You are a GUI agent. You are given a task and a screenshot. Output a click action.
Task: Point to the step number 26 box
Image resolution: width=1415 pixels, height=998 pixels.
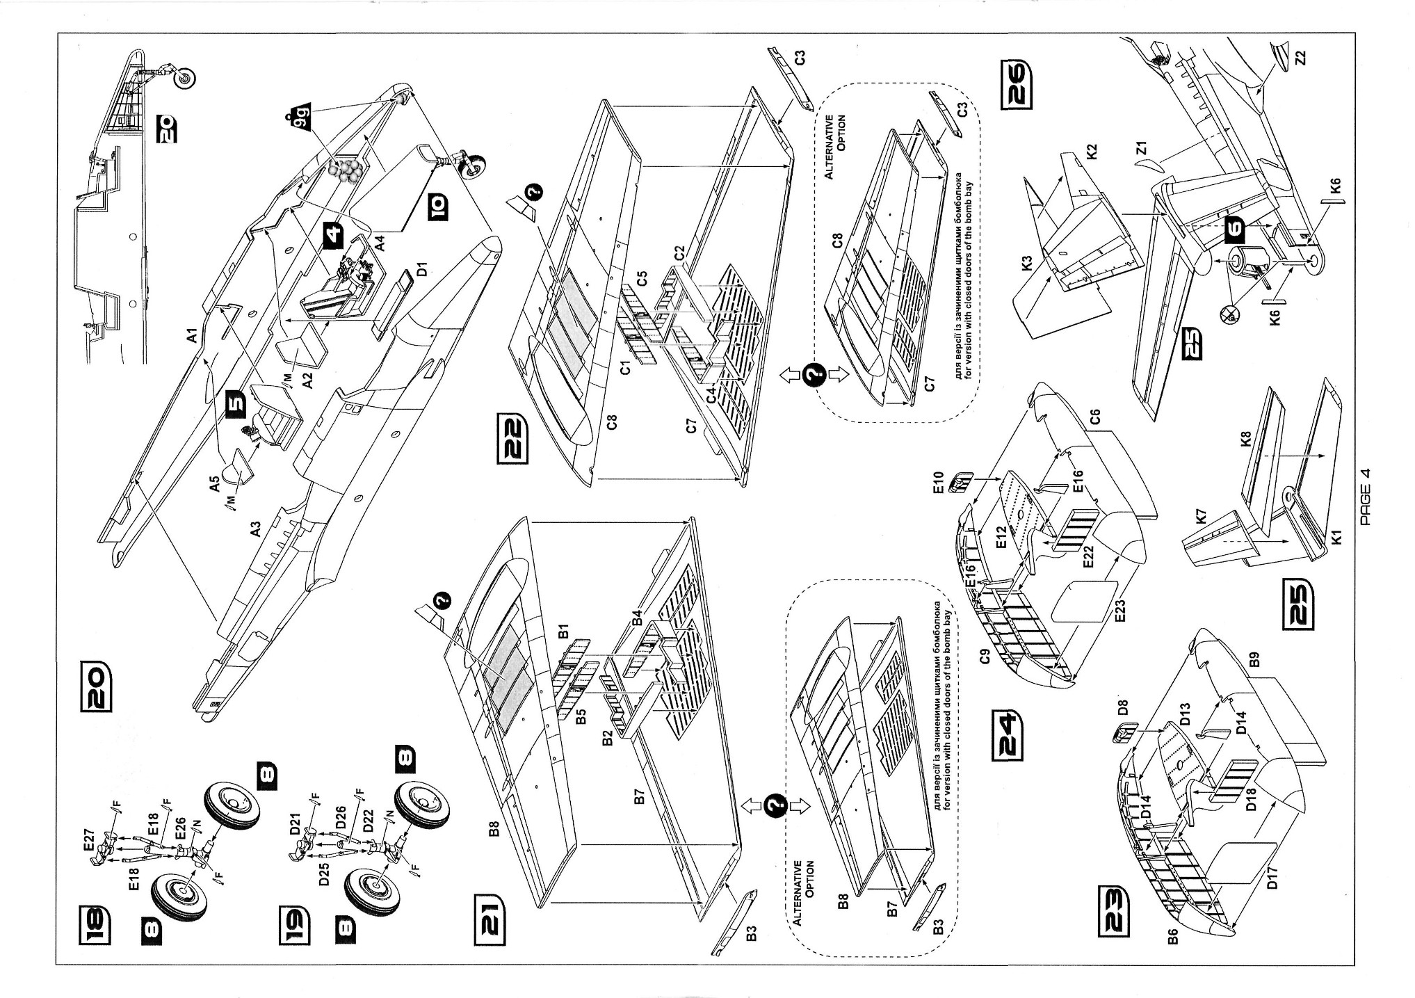point(1017,87)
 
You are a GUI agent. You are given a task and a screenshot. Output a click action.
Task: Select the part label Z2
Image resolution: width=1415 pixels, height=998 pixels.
point(1300,57)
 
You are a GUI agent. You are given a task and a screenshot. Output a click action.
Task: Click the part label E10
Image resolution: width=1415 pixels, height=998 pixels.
point(938,481)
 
